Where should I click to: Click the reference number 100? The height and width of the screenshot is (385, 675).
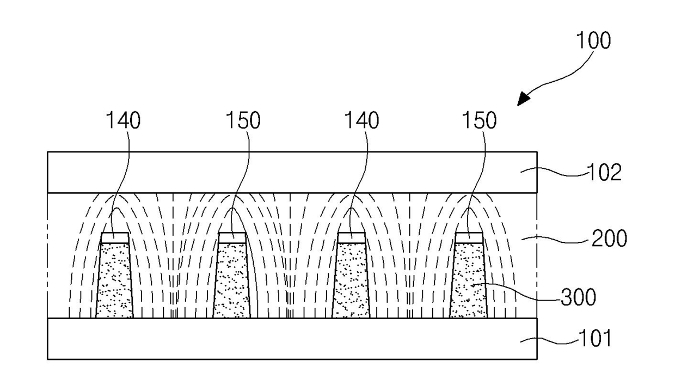pyautogui.click(x=593, y=41)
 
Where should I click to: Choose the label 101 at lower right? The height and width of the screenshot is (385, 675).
pyautogui.click(x=594, y=339)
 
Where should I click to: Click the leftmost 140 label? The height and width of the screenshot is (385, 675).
pyautogui.click(x=123, y=121)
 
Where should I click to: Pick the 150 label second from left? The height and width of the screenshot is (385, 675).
pyautogui.click(x=242, y=121)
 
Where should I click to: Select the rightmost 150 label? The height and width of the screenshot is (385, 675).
pyautogui.click(x=479, y=121)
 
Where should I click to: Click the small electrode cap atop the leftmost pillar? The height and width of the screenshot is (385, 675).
pyautogui.click(x=115, y=237)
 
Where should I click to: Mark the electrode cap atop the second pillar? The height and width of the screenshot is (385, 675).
pyautogui.click(x=232, y=237)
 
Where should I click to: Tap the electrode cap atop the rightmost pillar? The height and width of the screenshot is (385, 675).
pyautogui.click(x=469, y=237)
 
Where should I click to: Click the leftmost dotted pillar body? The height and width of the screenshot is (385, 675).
pyautogui.click(x=114, y=280)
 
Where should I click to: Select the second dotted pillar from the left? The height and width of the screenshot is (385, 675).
pyautogui.click(x=232, y=280)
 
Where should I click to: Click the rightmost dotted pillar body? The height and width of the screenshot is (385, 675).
pyautogui.click(x=469, y=280)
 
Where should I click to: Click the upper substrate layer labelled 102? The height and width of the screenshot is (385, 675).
pyautogui.click(x=292, y=172)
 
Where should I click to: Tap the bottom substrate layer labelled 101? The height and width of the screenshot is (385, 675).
pyautogui.click(x=292, y=339)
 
